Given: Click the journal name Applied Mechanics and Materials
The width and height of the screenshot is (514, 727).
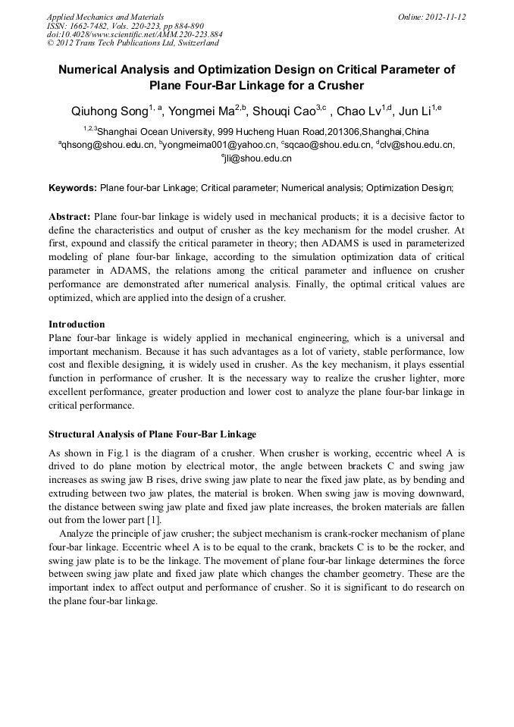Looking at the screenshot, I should point(105,16).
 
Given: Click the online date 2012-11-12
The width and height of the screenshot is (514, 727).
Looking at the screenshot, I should point(444,16).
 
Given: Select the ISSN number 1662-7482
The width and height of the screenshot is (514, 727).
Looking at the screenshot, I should point(92,25).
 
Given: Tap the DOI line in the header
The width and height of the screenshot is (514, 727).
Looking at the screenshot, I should point(135,34).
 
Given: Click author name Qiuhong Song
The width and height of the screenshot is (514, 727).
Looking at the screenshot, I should point(108,111).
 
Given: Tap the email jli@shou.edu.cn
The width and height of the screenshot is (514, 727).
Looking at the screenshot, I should point(258,158).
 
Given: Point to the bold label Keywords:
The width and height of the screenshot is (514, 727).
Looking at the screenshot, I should point(73,187).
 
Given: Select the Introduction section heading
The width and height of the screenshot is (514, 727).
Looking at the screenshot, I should point(77,324).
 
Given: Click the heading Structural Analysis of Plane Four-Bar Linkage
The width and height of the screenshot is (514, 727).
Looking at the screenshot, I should point(152,434).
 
